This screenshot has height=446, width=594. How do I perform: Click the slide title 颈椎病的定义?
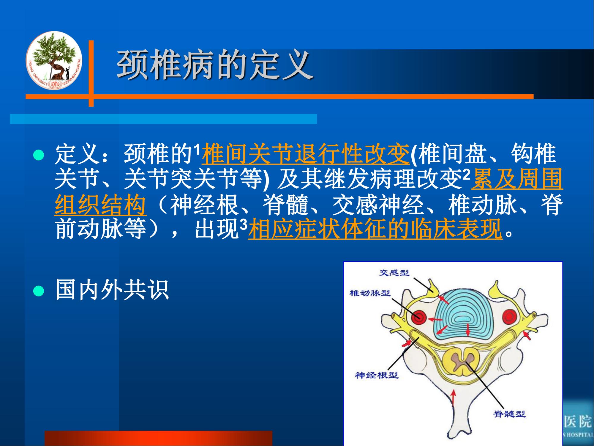pyautogui.click(x=215, y=65)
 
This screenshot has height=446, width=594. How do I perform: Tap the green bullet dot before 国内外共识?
pyautogui.click(x=39, y=290)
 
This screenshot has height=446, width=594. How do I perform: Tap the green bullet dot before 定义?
pyautogui.click(x=39, y=155)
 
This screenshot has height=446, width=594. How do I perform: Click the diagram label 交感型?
pyautogui.click(x=394, y=272)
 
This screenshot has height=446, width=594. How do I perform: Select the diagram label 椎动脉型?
pyautogui.click(x=370, y=293)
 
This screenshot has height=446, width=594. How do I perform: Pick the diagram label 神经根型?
pyautogui.click(x=376, y=375)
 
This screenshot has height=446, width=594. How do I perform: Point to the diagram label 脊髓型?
pyautogui.click(x=510, y=414)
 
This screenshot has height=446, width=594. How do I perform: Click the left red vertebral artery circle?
pyautogui.click(x=419, y=318)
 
